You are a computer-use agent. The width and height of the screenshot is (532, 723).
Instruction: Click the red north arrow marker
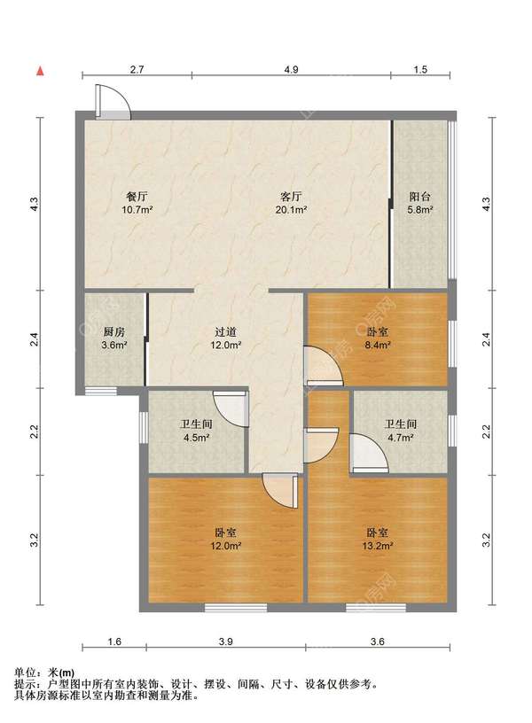41,71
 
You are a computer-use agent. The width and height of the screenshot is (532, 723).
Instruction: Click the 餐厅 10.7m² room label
138,204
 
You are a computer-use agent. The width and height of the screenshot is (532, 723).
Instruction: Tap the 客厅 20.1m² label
291,204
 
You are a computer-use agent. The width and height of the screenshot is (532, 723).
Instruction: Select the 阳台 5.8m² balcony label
420,204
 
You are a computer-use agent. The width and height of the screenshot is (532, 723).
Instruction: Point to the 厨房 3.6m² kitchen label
114,338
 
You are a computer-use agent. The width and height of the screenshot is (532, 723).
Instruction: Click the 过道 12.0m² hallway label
226,338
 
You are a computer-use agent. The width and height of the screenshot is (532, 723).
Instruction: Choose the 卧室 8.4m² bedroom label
378,338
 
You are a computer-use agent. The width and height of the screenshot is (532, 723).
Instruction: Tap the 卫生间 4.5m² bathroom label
197,431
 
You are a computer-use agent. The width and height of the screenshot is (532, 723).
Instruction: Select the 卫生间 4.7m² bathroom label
401,431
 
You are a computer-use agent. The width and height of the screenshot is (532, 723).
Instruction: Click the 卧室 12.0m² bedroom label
226,539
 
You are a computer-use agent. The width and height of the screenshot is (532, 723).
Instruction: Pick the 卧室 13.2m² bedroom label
378,539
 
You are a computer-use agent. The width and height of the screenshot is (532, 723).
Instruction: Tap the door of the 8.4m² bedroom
324,366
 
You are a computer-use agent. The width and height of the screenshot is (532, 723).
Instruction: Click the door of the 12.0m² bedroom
280,491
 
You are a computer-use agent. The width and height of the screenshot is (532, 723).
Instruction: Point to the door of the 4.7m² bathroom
369,454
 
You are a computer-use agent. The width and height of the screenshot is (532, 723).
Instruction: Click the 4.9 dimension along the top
291,70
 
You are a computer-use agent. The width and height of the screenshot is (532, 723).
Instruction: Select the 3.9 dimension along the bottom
226,641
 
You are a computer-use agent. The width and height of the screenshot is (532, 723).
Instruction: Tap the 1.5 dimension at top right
420,70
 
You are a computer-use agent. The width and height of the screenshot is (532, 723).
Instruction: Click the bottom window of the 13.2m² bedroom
376,608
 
